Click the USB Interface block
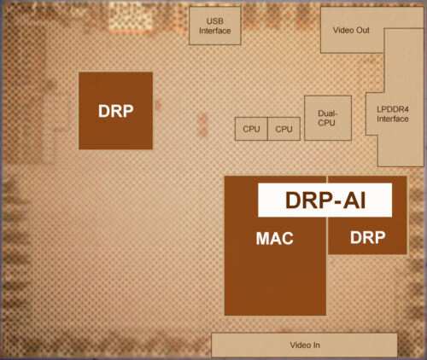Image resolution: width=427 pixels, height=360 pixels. [x=215, y=26]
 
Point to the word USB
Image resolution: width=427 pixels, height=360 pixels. [x=215, y=21]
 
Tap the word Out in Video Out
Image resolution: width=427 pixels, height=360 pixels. [x=362, y=30]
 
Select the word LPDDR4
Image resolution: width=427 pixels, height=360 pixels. [x=393, y=109]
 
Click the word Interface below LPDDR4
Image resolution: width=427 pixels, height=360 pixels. [x=393, y=119]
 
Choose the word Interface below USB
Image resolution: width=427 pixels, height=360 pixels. [x=215, y=31]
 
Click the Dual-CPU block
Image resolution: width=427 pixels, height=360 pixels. [x=328, y=118]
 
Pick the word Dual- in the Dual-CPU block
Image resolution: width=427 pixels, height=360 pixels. [x=328, y=113]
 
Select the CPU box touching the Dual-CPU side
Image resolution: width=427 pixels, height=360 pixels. [x=284, y=129]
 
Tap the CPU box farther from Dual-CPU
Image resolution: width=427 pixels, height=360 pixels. [x=251, y=129]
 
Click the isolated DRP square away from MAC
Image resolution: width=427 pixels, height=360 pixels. [x=115, y=111]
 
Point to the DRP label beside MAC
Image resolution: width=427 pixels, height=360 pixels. [x=368, y=237]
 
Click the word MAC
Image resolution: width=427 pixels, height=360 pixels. [x=275, y=238]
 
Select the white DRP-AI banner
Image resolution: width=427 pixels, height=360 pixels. [x=325, y=200]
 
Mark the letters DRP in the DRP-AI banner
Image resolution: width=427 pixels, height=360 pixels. [x=308, y=200]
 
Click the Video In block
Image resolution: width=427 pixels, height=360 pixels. [x=304, y=345]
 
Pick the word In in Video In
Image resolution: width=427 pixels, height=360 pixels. [x=317, y=345]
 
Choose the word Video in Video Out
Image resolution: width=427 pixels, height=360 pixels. [x=343, y=30]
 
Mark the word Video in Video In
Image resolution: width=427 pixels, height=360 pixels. [x=301, y=345]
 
